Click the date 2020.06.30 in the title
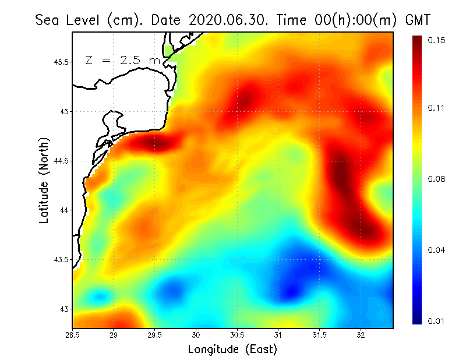224,20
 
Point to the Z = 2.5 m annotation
122,60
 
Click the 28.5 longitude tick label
73,335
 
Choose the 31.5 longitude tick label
320,335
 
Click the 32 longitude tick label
361,335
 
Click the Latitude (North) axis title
45,180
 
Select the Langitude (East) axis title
232,350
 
